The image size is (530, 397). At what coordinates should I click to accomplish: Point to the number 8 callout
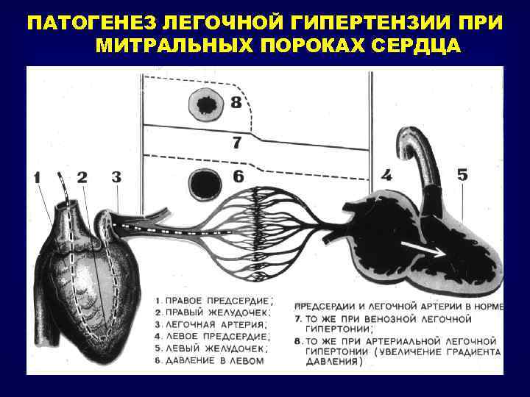pyautogui.click(x=236, y=103)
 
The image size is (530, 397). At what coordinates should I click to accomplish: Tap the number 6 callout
pyautogui.click(x=238, y=176)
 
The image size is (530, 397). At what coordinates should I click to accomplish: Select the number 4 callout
pyautogui.click(x=386, y=176)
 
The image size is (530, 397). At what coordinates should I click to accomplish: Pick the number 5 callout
pyautogui.click(x=462, y=175)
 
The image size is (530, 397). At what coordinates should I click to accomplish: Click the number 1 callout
pyautogui.click(x=38, y=177)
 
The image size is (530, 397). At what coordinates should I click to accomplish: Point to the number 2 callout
pyautogui.click(x=82, y=177)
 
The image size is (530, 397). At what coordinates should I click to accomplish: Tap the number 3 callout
pyautogui.click(x=116, y=176)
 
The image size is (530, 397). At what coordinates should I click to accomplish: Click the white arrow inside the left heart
pyautogui.click(x=428, y=251)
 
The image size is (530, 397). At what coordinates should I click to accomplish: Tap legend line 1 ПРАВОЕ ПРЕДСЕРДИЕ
pyautogui.click(x=213, y=301)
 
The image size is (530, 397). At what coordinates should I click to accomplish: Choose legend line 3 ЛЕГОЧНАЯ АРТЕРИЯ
pyautogui.click(x=213, y=324)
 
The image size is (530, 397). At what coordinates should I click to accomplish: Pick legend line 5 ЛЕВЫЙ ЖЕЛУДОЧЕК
pyautogui.click(x=211, y=348)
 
